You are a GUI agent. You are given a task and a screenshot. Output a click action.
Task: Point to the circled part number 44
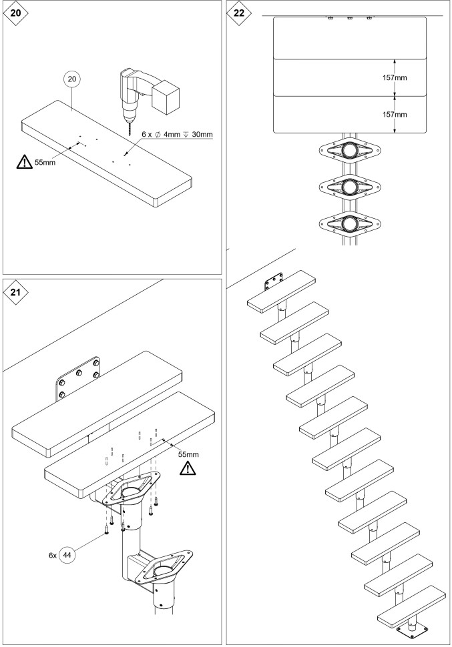(x=68, y=554)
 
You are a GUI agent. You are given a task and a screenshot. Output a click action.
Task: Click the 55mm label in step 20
(x=45, y=162)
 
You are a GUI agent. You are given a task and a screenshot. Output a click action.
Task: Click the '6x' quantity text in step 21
(x=52, y=554)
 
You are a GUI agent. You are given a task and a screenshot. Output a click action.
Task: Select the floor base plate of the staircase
(x=417, y=629)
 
